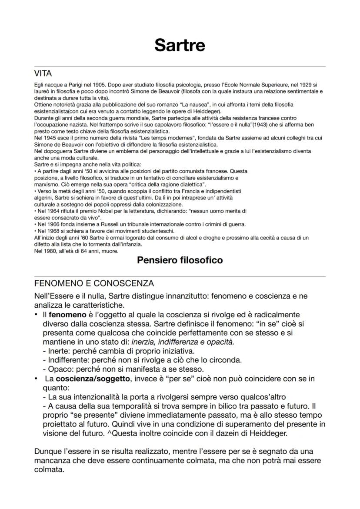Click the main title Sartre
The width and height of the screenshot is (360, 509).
point(180,45)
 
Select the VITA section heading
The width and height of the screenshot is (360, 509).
point(43,74)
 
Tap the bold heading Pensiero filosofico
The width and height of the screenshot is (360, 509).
point(180,260)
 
